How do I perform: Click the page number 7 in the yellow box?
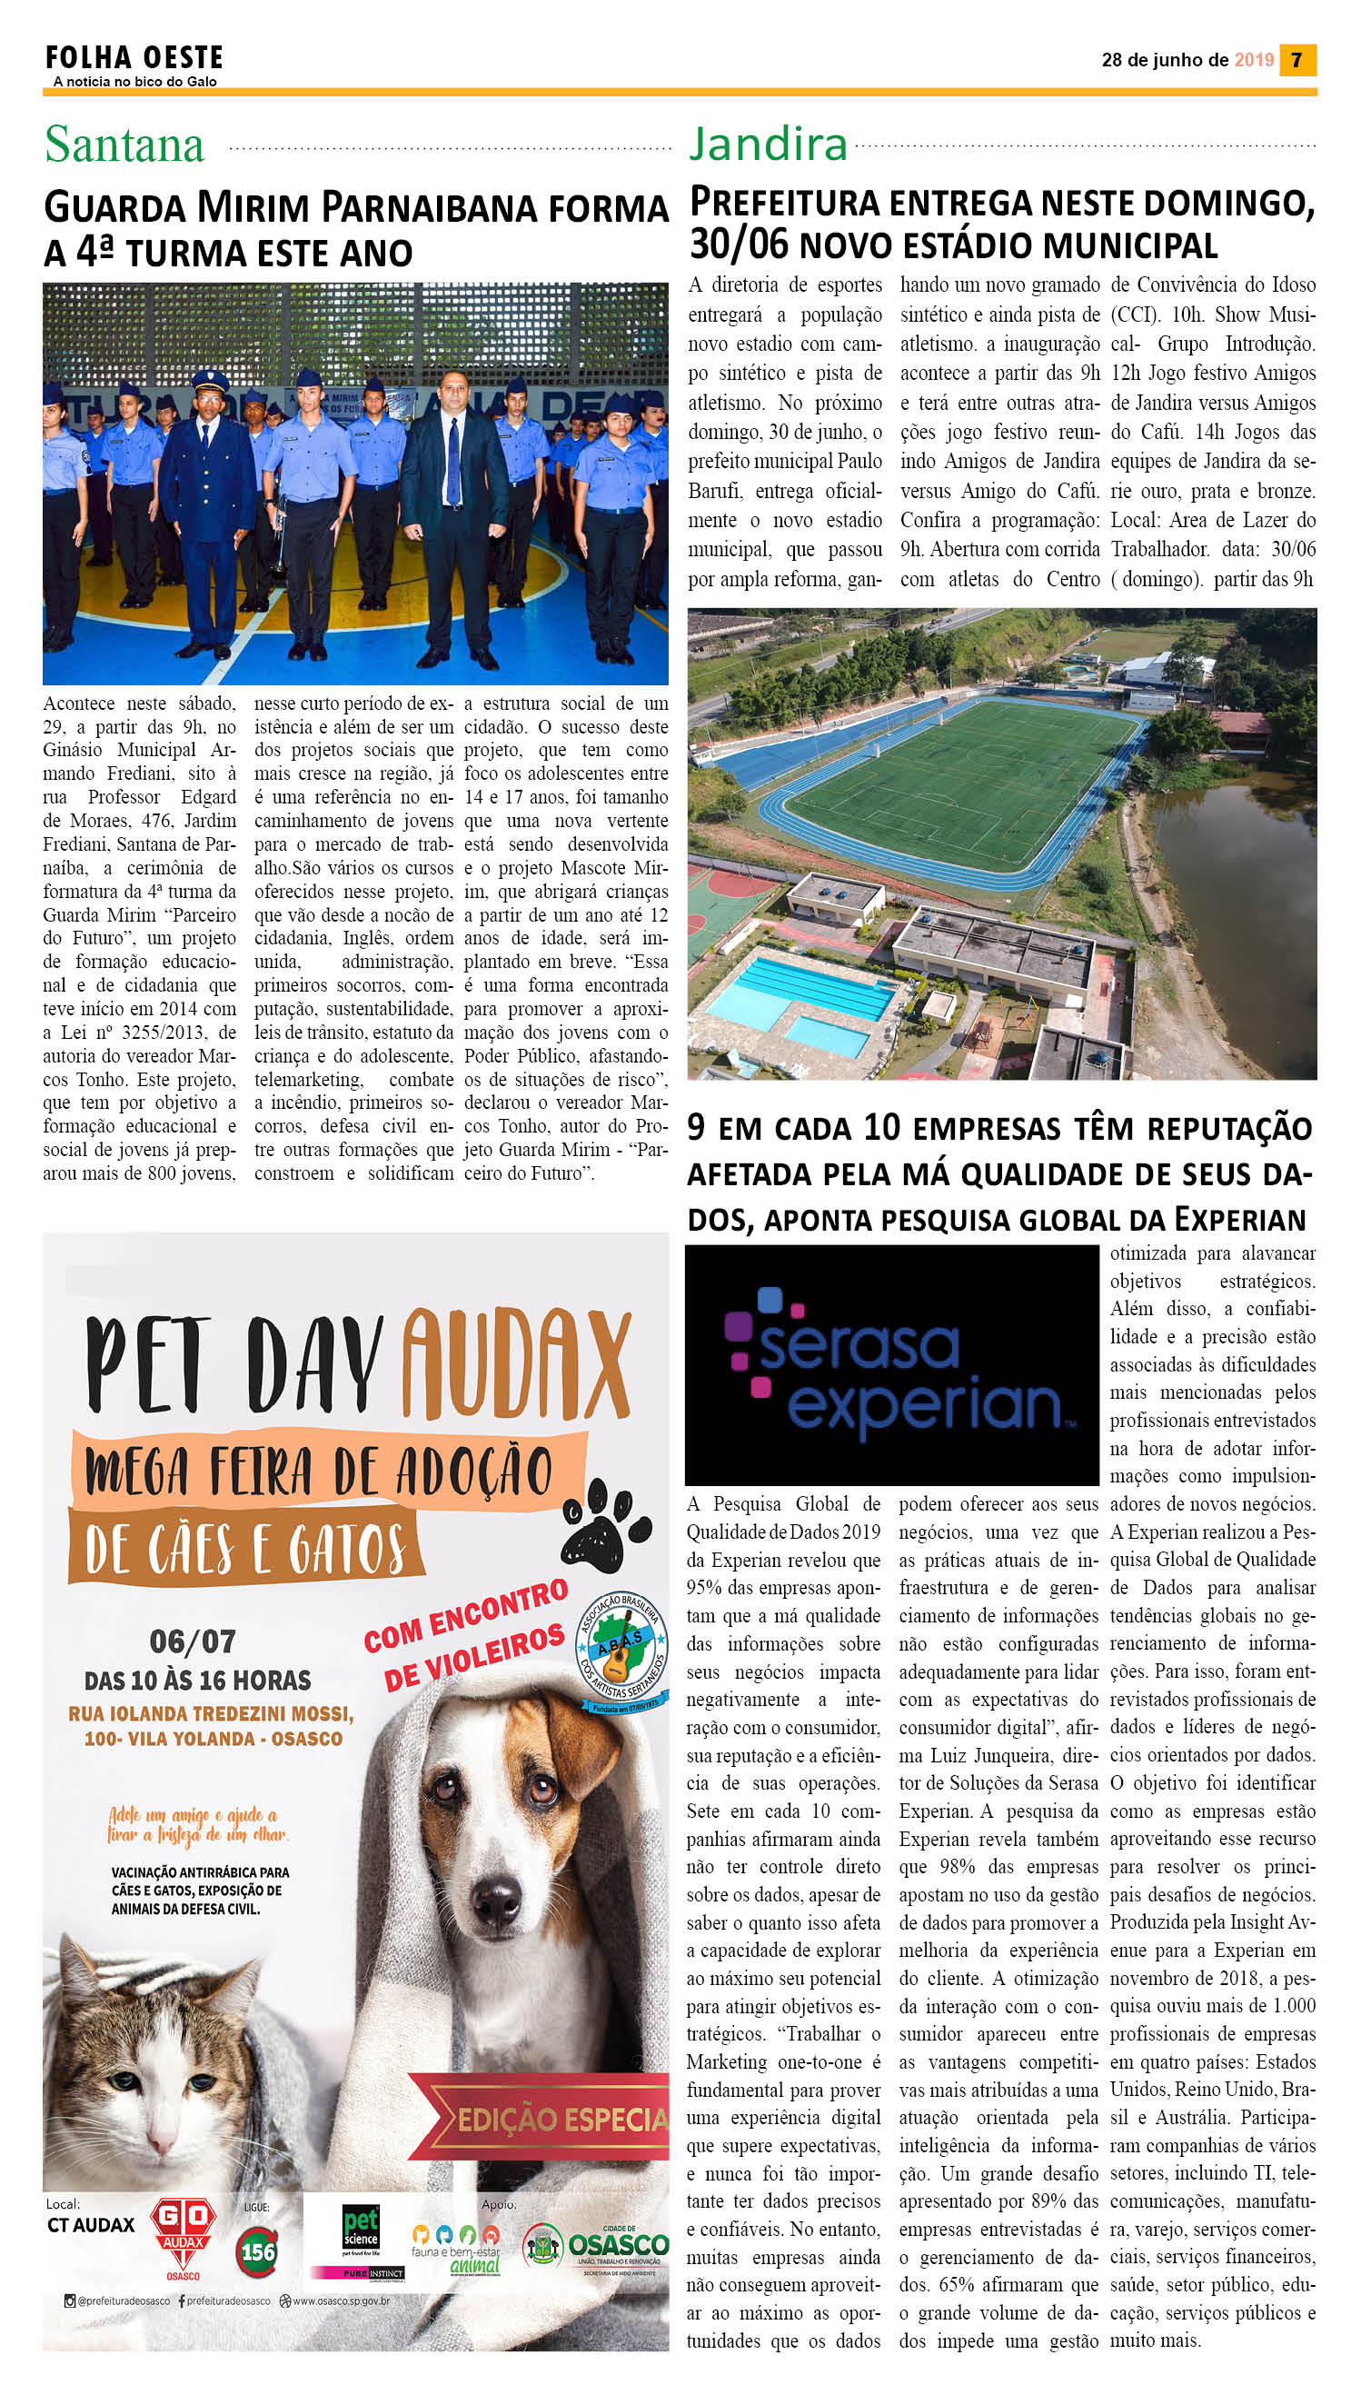point(1296,60)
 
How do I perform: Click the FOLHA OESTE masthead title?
point(134,58)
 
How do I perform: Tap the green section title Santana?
point(124,145)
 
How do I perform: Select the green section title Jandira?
point(768,144)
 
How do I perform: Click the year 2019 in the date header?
point(1254,60)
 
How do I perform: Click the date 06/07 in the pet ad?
point(192,1641)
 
